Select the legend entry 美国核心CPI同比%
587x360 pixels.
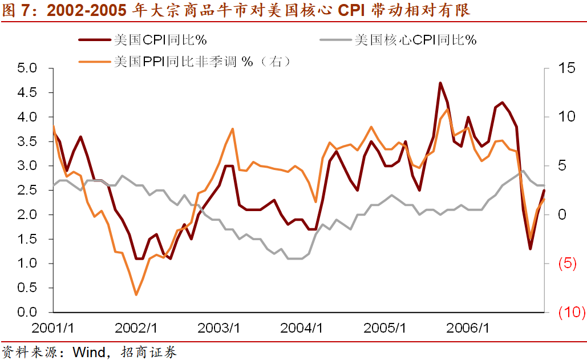click(415, 40)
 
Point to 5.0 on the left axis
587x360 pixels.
click(27, 68)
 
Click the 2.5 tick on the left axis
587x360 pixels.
click(27, 191)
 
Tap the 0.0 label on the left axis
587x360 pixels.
click(27, 313)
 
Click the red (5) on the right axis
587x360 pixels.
click(566, 264)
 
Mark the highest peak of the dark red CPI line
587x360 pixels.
click(440, 83)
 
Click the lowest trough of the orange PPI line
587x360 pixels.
click(136, 295)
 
